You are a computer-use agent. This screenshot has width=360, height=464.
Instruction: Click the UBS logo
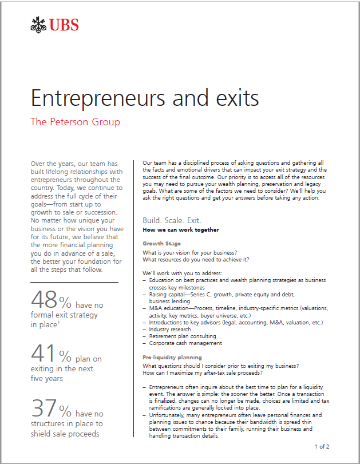click(55, 25)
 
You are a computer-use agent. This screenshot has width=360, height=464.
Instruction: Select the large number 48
click(43, 300)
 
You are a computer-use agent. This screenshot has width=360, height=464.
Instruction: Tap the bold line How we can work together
click(180, 230)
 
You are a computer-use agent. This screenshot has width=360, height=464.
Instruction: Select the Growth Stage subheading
click(161, 243)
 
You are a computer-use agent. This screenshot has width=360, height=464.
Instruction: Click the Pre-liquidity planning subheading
click(172, 357)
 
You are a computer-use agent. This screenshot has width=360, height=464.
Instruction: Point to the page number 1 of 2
click(322, 446)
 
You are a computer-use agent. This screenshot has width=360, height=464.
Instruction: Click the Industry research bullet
click(170, 330)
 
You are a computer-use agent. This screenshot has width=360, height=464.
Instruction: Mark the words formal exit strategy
click(64, 315)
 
